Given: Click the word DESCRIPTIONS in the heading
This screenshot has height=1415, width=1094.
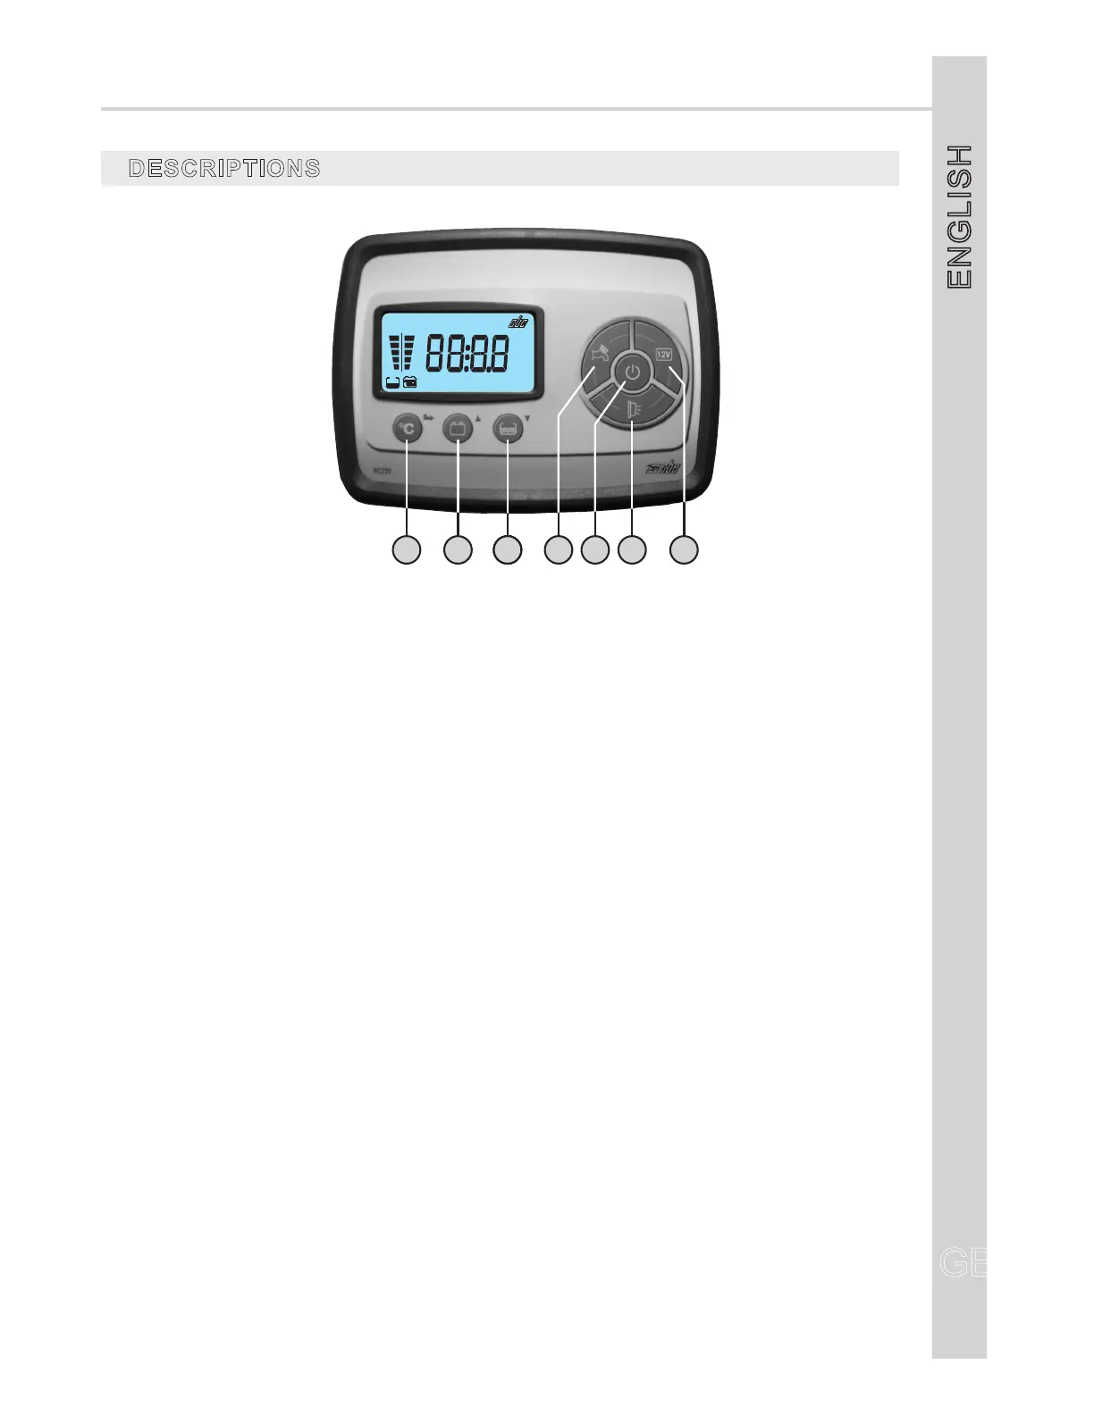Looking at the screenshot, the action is tap(224, 168).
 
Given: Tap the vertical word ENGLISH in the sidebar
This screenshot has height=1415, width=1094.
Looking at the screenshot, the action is tap(959, 216).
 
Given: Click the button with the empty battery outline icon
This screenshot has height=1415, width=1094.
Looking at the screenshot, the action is tap(458, 429).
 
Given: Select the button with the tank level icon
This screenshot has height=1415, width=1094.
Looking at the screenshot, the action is tap(508, 429).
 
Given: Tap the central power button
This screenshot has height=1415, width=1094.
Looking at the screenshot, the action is tap(632, 372).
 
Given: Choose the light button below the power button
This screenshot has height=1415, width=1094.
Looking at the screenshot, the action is tap(633, 410).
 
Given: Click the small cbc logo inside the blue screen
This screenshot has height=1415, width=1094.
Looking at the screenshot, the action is tap(518, 322).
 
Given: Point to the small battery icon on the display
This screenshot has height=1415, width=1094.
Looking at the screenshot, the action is tap(410, 382).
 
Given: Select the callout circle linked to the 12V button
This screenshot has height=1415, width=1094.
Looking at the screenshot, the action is tap(685, 549).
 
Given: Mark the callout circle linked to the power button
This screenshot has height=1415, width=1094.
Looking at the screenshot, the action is tap(594, 549).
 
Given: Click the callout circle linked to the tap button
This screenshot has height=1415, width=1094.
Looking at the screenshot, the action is tap(559, 549).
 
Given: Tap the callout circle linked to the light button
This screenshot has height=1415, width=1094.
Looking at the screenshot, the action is tap(632, 549).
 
